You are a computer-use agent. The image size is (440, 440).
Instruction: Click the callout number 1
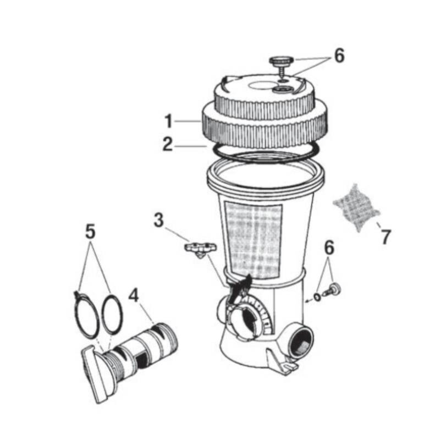pos(168,122)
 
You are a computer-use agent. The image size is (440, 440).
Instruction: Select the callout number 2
pos(168,145)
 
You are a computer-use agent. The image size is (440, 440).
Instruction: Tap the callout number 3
pos(159,220)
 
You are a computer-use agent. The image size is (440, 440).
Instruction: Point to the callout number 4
pos(134,295)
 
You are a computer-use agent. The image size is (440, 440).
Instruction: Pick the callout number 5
pos(90,232)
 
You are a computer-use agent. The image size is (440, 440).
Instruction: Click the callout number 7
pos(386,237)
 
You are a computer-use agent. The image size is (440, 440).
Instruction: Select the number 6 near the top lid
pos(339,56)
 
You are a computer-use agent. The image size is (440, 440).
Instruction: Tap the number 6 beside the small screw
pos(329,248)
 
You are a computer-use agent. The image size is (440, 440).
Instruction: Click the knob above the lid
pos(282,64)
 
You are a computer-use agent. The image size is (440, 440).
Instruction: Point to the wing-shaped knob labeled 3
pos(200,250)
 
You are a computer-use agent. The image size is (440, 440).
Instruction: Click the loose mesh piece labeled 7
pos(356,207)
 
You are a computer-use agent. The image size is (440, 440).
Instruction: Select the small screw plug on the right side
pos(332,290)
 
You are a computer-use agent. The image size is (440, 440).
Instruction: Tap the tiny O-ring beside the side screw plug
pos(317,296)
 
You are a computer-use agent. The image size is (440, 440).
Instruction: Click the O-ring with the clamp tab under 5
pos(86,314)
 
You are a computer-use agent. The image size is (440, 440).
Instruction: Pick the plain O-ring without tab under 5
pos(113,314)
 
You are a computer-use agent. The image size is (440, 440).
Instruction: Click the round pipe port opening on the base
pos(301,342)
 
